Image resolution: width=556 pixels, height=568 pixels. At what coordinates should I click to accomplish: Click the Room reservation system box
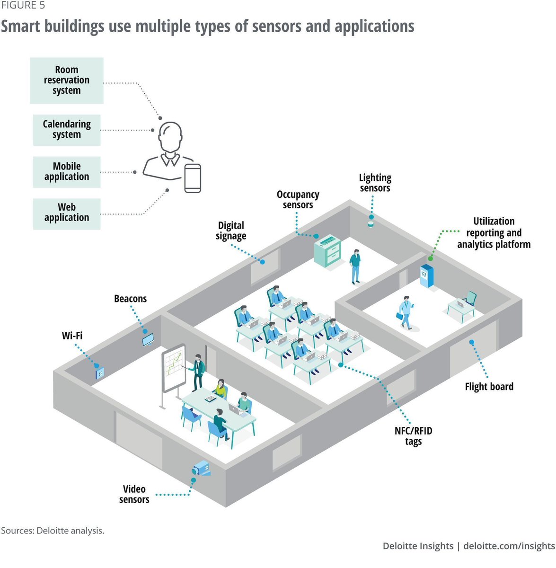[67, 80]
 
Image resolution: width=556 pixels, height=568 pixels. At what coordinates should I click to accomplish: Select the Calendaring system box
[67, 130]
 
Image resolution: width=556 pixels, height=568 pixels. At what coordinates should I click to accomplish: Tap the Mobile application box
[67, 172]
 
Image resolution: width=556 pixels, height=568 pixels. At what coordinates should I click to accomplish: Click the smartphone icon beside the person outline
[193, 178]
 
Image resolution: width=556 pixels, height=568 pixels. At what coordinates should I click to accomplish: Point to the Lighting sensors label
[375, 183]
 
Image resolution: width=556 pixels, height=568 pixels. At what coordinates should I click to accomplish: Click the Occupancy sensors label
[298, 200]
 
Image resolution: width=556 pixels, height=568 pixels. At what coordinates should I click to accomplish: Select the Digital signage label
[231, 231]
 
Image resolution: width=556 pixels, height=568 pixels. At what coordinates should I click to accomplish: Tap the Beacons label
[130, 299]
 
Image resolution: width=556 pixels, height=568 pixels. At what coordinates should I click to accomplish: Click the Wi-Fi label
[72, 336]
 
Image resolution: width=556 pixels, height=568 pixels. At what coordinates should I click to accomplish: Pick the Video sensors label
[134, 494]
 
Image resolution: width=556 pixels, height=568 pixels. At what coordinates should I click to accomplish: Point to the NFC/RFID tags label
[413, 436]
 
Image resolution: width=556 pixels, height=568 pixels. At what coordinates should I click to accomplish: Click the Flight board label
[489, 387]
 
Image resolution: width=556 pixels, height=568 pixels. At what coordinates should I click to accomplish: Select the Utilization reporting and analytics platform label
[494, 233]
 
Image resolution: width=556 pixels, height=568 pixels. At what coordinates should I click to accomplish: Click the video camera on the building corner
[201, 469]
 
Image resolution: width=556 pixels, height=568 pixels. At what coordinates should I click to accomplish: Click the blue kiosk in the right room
[426, 276]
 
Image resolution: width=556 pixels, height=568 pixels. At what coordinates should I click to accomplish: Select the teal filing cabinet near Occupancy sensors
[327, 250]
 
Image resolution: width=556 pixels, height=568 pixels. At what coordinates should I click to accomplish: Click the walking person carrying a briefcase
[406, 313]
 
